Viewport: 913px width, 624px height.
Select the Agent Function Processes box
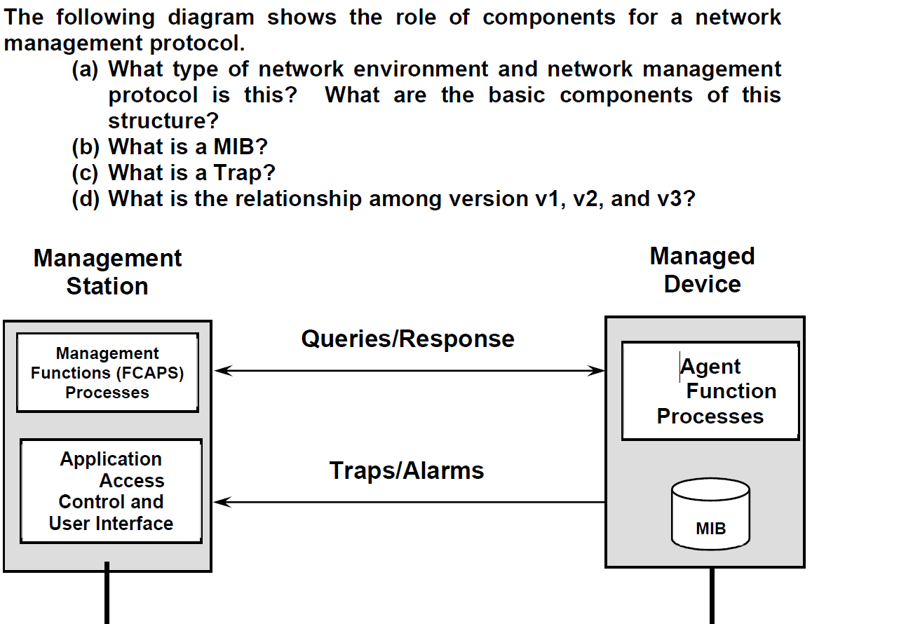tap(710, 391)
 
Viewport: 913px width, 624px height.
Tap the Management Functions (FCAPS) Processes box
tap(107, 372)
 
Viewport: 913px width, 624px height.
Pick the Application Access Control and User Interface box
tap(111, 491)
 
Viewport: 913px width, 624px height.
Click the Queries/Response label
tap(407, 339)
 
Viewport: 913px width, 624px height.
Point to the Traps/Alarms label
tap(407, 470)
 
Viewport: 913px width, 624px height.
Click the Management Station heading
tap(107, 272)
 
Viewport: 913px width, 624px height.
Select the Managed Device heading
tap(702, 270)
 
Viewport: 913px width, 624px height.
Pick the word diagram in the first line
tap(210, 17)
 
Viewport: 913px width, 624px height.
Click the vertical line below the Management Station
tap(107, 596)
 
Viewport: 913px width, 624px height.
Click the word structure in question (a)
tap(157, 121)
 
